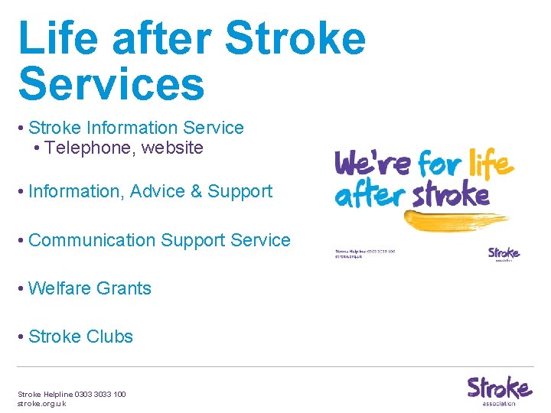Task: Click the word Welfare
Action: pyautogui.click(x=60, y=288)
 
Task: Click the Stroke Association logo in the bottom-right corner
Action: pyautogui.click(x=499, y=390)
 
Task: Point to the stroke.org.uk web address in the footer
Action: pyautogui.click(x=42, y=403)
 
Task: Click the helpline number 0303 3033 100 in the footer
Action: pyautogui.click(x=96, y=394)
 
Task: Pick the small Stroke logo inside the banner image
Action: pyautogui.click(x=504, y=253)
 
